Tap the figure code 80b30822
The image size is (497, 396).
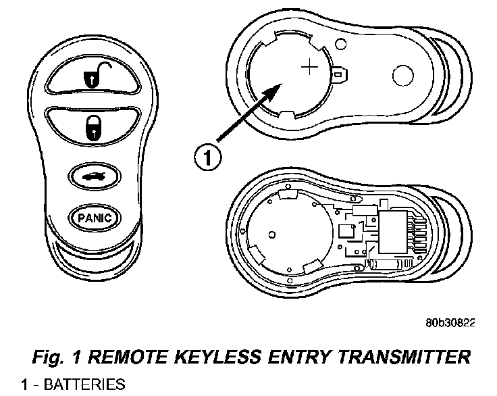click(450, 323)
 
